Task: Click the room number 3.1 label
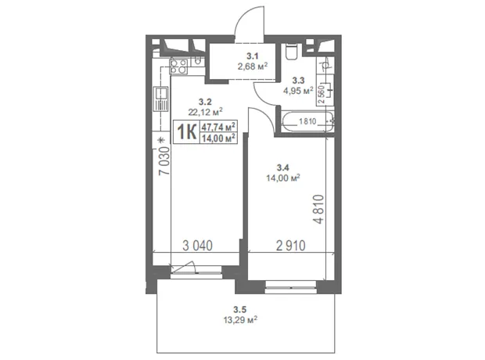pos(253,56)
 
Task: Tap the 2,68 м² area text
pos(253,67)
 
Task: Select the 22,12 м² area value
pos(206,112)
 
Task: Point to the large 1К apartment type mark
pos(187,132)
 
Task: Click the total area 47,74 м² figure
pos(218,127)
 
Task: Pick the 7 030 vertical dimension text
pos(164,161)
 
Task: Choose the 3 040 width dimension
pos(197,246)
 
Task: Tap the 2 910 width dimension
pos(291,246)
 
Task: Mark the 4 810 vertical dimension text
pos(318,209)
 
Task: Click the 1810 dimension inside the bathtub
pos(307,121)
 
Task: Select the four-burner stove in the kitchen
pos(179,67)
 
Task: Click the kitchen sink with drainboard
pos(160,99)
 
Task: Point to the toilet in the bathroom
pos(291,52)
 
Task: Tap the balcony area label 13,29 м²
pos(241,319)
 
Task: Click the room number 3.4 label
pos(282,167)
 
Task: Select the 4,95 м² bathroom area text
pos(298,91)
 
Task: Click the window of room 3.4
pos(291,287)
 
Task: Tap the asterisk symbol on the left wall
pos(160,140)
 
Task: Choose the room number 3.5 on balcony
pos(239,309)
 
